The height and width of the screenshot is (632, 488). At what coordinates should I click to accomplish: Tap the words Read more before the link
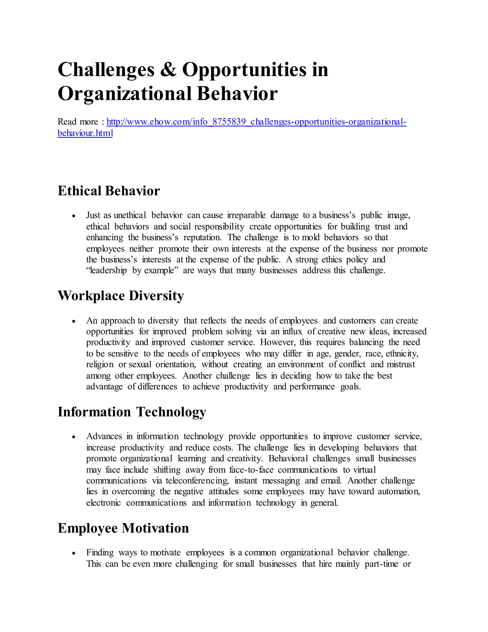(77, 122)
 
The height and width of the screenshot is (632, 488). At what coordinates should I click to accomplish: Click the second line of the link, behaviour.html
(85, 133)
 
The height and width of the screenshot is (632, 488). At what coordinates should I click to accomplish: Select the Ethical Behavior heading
(108, 191)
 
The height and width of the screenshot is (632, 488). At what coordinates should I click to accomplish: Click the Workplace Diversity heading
(121, 296)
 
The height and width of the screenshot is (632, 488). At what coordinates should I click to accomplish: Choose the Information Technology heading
(132, 412)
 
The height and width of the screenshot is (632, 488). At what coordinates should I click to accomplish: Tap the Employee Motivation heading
(123, 528)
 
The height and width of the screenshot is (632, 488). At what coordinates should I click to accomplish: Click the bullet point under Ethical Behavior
(74, 216)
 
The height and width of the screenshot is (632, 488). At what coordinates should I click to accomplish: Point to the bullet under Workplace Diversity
(74, 321)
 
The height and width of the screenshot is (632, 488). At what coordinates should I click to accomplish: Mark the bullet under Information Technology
(74, 437)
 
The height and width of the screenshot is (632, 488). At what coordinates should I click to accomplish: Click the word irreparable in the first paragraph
(246, 215)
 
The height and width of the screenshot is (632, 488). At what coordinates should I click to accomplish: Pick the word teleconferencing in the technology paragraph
(197, 481)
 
